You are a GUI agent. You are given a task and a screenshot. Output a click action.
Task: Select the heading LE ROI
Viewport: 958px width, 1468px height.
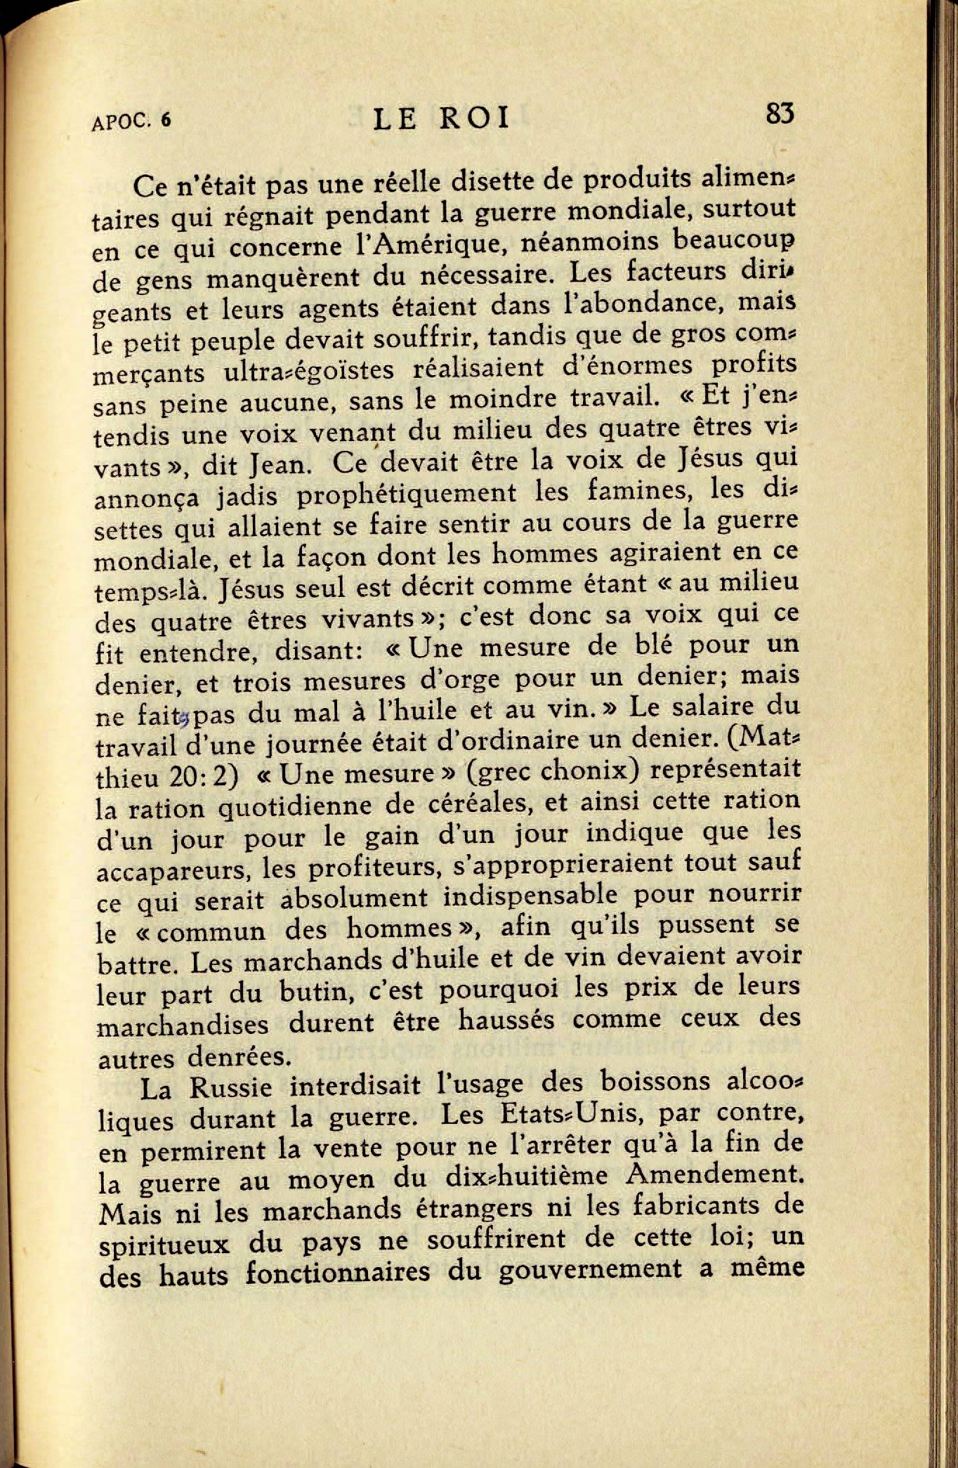click(441, 119)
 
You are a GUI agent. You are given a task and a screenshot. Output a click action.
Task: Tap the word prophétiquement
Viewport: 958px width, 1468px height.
click(406, 494)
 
